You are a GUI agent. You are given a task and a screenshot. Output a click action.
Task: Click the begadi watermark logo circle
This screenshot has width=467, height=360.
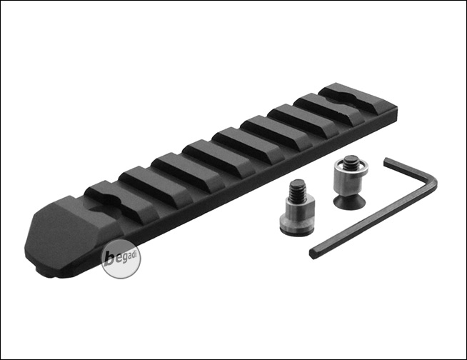tap(121, 259)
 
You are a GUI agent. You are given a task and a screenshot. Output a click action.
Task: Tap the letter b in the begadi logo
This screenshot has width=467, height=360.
tap(110, 259)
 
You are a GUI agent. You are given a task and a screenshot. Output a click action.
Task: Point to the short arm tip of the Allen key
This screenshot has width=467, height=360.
tap(386, 162)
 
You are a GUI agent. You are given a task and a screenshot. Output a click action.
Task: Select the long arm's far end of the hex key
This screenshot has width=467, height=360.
tap(313, 254)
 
